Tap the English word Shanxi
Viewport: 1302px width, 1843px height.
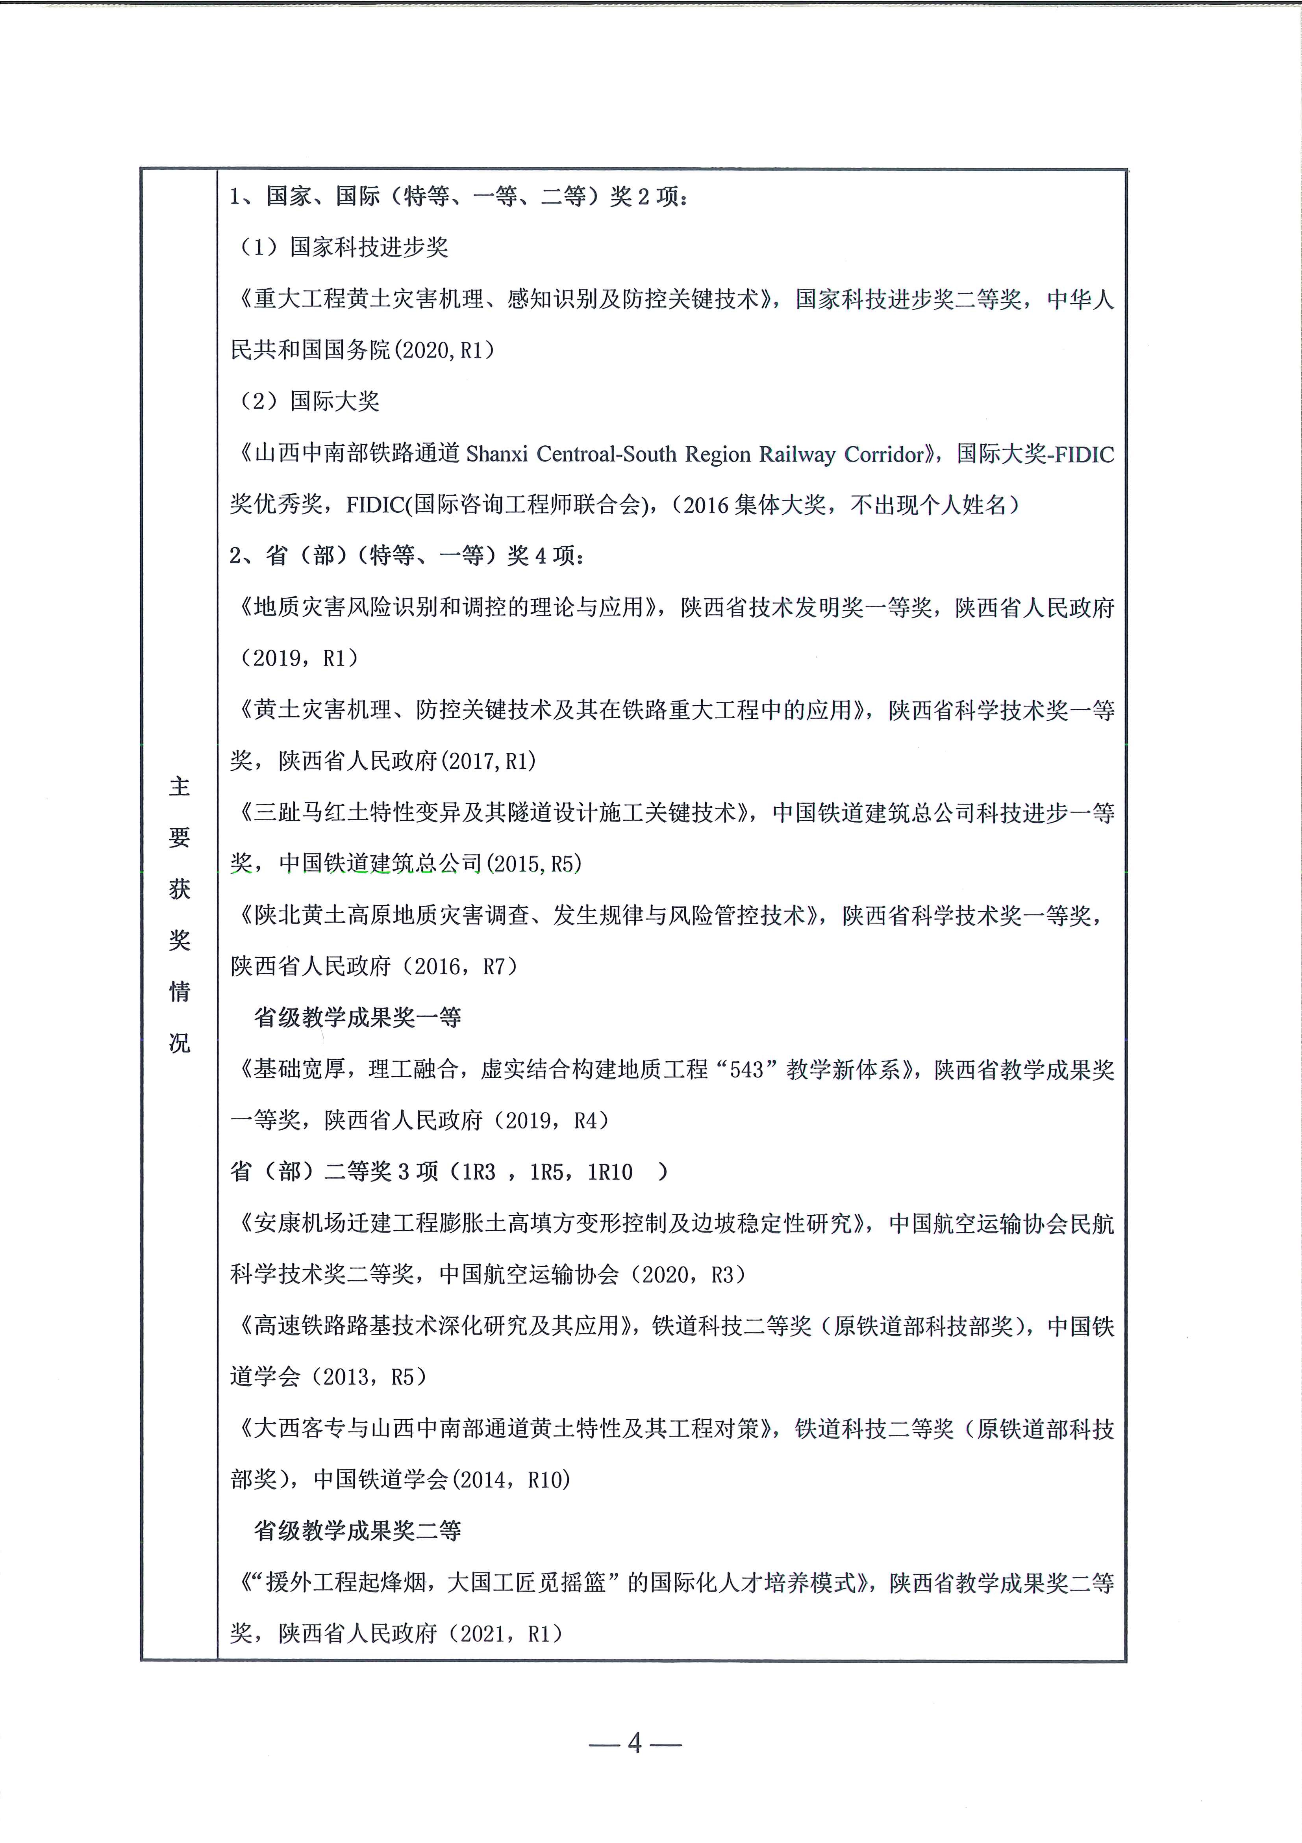[x=497, y=454]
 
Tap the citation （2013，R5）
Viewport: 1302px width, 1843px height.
[x=373, y=1378]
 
